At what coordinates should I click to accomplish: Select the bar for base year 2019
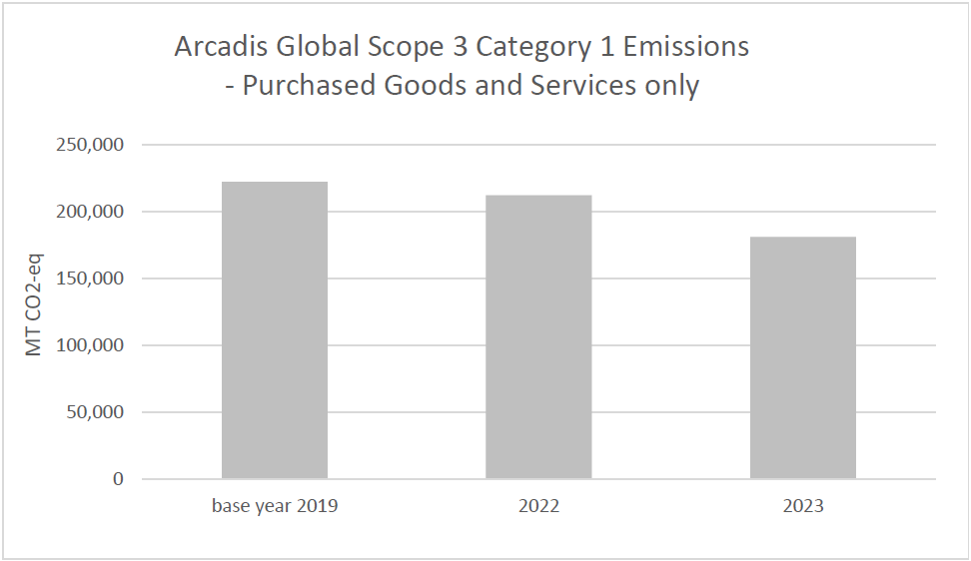[x=274, y=330]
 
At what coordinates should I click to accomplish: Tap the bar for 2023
[x=803, y=357]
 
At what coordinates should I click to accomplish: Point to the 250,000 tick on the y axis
[x=90, y=145]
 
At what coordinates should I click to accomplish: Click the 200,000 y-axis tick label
[x=90, y=212]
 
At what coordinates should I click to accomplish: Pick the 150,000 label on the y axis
[x=90, y=279]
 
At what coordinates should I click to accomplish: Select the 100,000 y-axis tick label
[x=90, y=345]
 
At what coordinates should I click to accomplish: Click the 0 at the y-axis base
[x=118, y=479]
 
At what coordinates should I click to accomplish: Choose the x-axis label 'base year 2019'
[x=275, y=506]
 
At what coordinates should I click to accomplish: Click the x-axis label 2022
[x=538, y=506]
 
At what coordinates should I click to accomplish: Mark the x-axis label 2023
[x=803, y=506]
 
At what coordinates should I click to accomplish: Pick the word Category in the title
[x=516, y=47]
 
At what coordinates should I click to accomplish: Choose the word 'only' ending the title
[x=671, y=86]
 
